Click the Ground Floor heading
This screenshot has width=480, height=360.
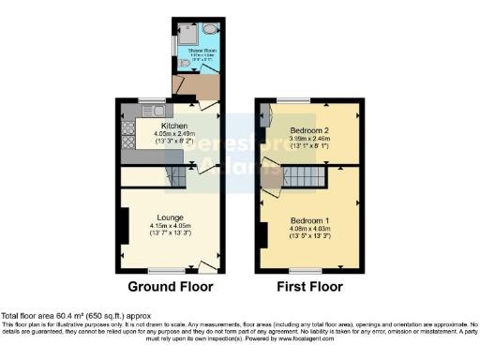pos(171,287)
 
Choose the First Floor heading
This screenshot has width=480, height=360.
pos(308,287)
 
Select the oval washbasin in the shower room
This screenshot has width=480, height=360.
pos(208,29)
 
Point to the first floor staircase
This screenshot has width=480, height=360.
pos(303,176)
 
